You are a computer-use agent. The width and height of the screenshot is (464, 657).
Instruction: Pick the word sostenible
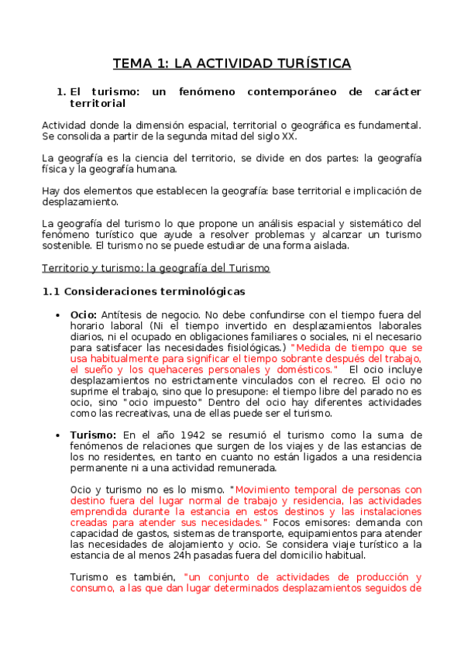(68, 246)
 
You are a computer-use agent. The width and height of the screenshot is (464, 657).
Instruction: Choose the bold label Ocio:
(84, 315)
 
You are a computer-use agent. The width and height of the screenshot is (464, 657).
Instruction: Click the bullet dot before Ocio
(60, 315)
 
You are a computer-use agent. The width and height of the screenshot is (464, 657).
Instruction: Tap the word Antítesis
(125, 315)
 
